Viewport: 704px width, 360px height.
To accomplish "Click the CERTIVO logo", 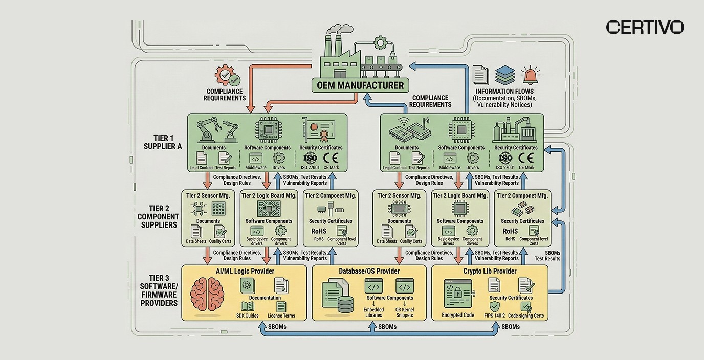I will pyautogui.click(x=645, y=27).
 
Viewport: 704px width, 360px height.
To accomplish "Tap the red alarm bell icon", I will pyautogui.click(x=531, y=76).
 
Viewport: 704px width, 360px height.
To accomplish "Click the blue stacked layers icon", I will pyautogui.click(x=505, y=75).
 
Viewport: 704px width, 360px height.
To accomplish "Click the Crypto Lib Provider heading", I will pyautogui.click(x=490, y=271).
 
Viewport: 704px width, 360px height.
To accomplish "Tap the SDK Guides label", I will pyautogui.click(x=247, y=316).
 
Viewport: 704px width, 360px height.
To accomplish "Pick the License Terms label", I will pyautogui.click(x=281, y=316).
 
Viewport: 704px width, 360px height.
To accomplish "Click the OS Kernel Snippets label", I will pyautogui.click(x=405, y=312).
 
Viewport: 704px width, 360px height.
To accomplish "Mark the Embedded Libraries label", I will pyautogui.click(x=373, y=312).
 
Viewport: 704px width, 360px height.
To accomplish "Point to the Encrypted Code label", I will pyautogui.click(x=458, y=315).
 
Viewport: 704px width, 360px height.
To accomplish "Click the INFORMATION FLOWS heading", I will pyautogui.click(x=504, y=91).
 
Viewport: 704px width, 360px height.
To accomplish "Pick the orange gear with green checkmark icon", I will pyautogui.click(x=227, y=77).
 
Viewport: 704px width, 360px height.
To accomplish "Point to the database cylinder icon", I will pyautogui.click(x=345, y=305).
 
